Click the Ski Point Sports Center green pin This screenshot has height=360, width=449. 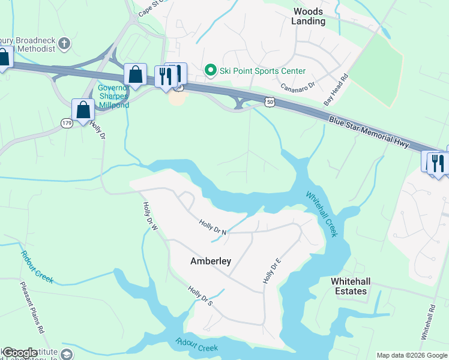coord(211,71)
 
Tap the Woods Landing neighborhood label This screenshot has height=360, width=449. coord(309,16)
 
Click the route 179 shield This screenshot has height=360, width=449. coord(67,122)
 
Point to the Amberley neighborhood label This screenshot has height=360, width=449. coord(211,261)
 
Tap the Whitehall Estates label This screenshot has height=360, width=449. coord(349,286)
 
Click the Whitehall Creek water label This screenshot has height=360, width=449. coord(322,214)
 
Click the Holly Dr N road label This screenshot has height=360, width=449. coord(213,227)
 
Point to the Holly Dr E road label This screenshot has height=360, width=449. coord(272,271)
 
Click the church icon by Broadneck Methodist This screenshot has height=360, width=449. coord(65,43)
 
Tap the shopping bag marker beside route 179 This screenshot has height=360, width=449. coord(83,110)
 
